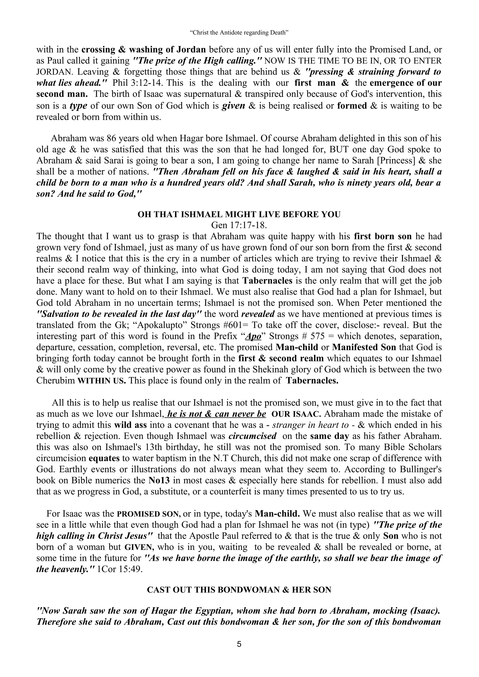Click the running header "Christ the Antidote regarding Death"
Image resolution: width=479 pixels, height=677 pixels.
[x=239, y=33]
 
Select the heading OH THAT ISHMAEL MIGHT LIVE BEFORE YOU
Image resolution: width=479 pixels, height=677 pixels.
[x=239, y=214]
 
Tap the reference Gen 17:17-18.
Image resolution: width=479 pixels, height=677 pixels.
[x=239, y=225]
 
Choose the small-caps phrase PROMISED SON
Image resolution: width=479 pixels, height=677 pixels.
[x=149, y=514]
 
